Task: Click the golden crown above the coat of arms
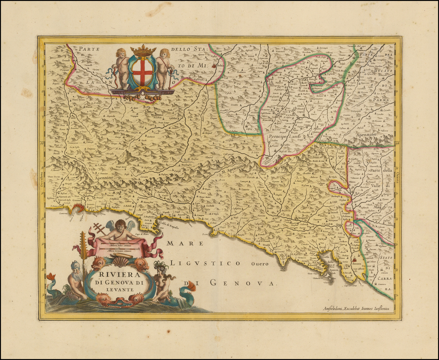tap(143, 51)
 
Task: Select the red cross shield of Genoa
tap(143, 71)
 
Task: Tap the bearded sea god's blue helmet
tap(76, 265)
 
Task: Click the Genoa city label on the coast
tap(77, 201)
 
